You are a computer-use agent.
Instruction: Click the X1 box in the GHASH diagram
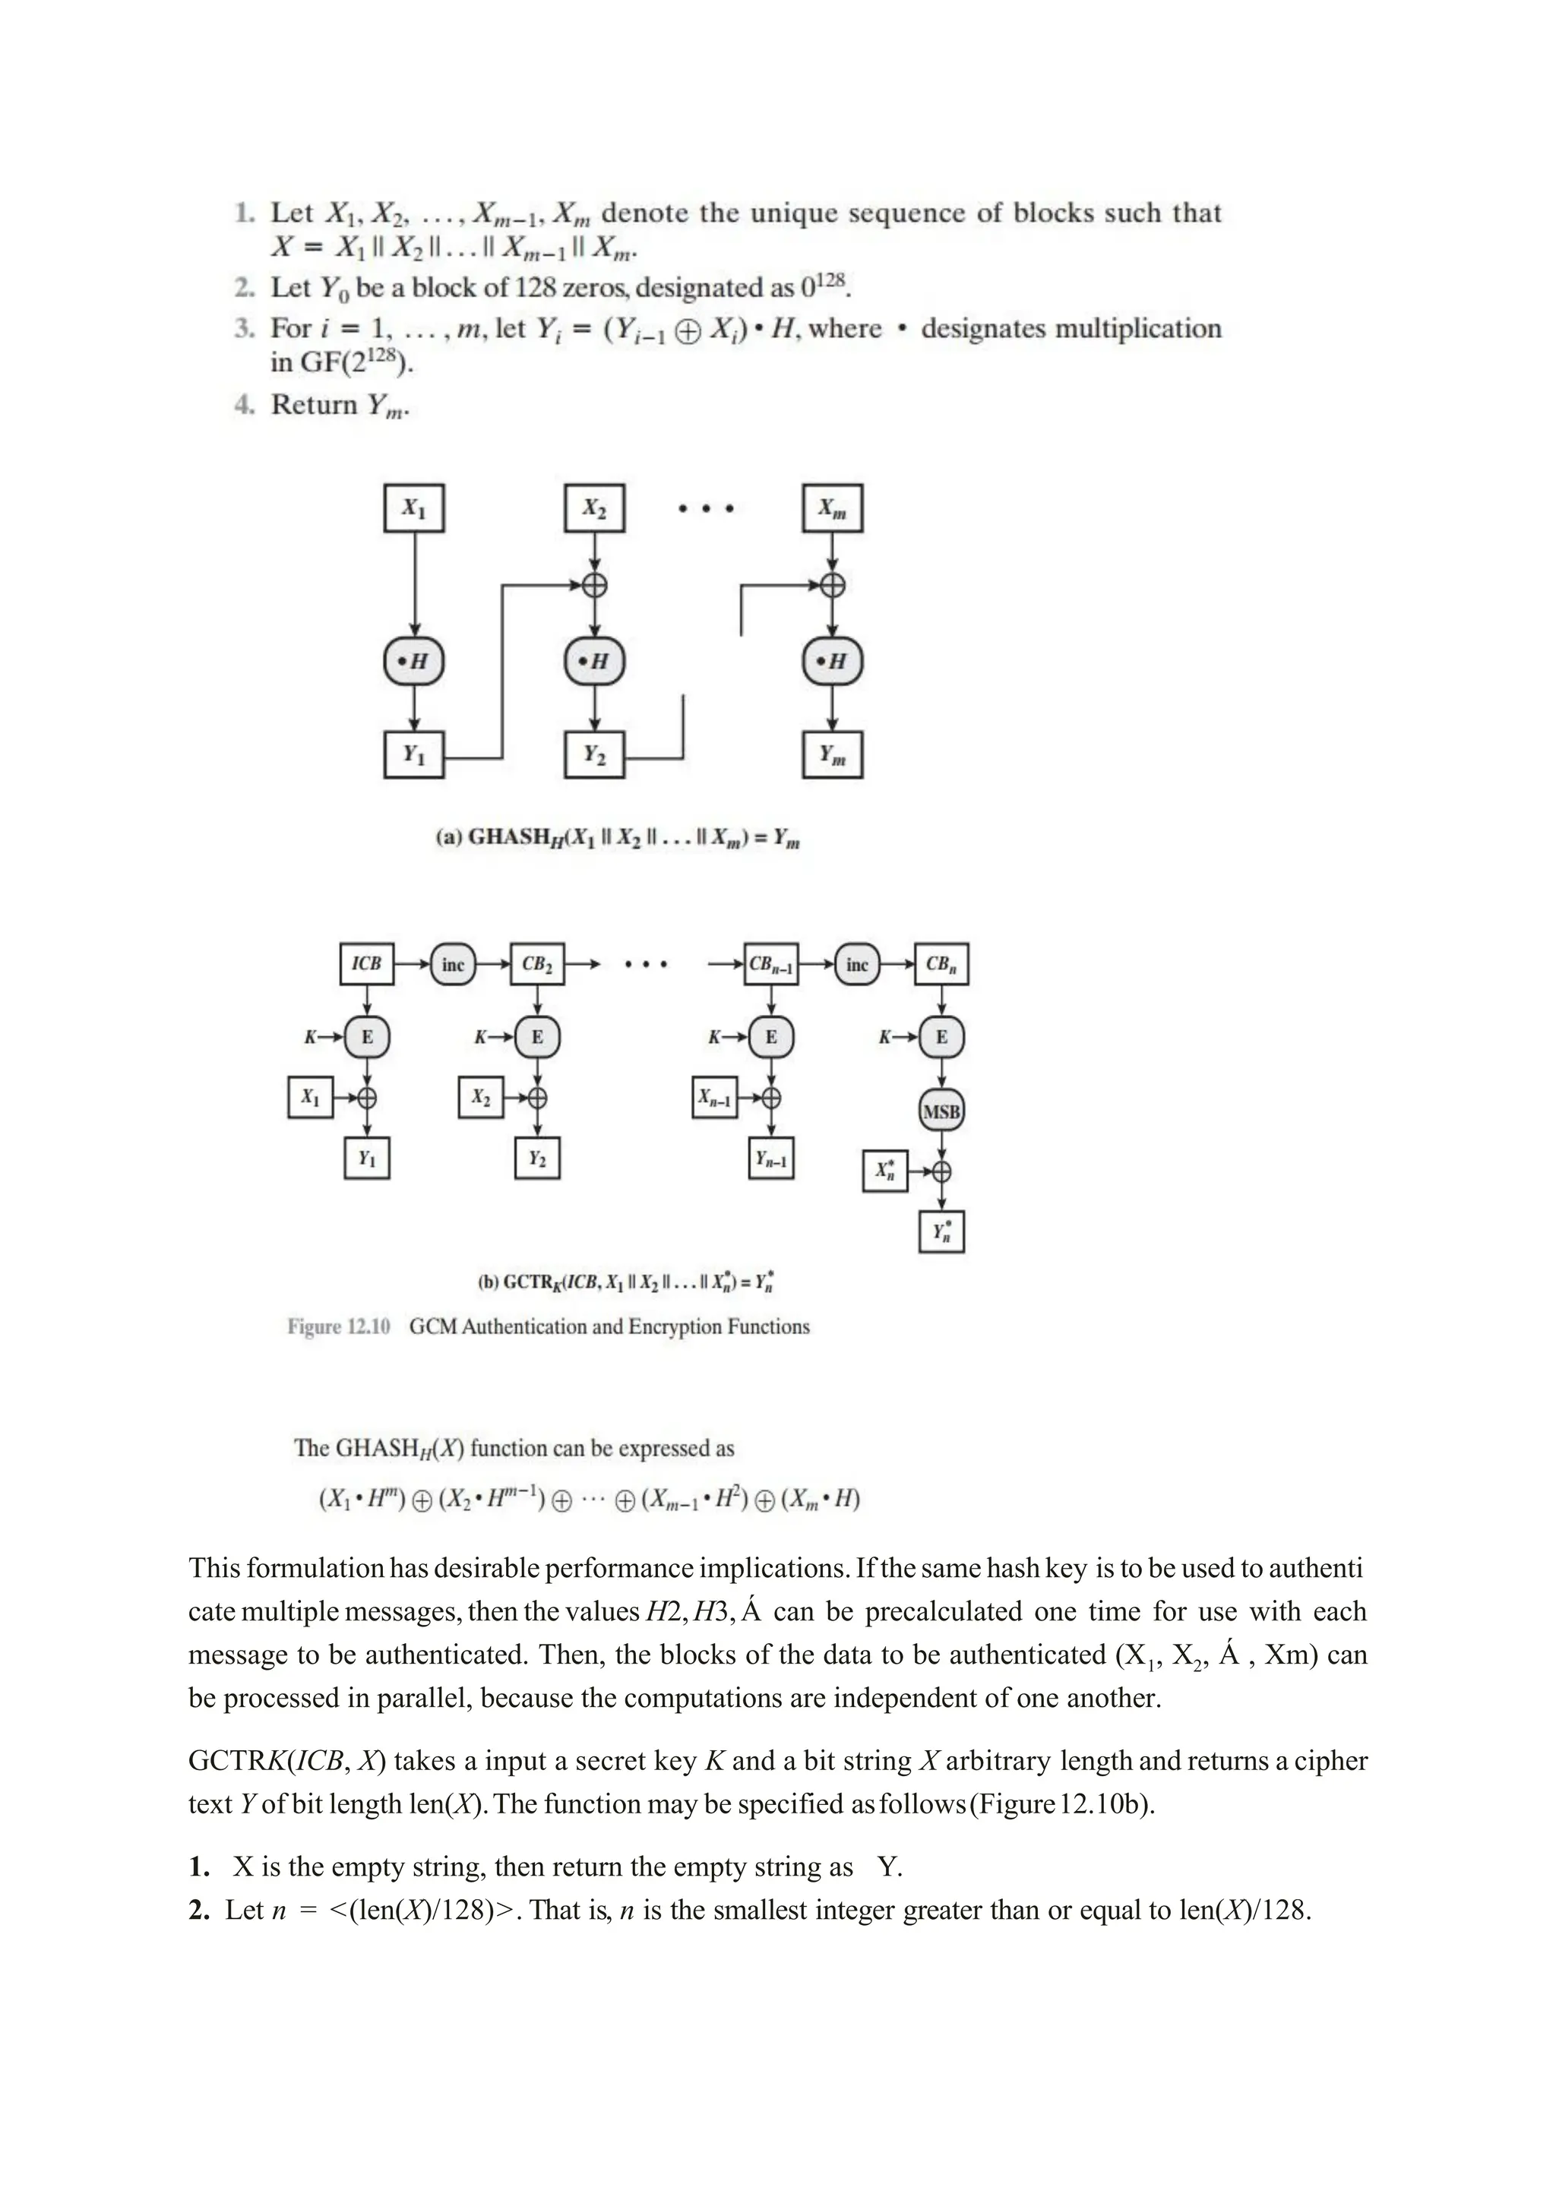tap(414, 508)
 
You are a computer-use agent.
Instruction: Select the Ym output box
tap(832, 755)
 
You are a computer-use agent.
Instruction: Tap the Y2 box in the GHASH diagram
tap(594, 755)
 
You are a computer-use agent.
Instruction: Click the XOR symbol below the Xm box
tap(833, 584)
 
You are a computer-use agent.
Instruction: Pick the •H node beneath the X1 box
tap(414, 661)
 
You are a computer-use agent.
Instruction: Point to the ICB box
tap(367, 964)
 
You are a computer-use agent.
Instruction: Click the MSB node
tap(941, 1111)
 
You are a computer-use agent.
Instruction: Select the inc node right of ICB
tap(452, 964)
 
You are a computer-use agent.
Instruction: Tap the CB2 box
tap(536, 964)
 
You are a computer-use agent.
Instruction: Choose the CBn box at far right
tap(941, 964)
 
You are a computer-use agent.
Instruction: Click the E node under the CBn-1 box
tap(771, 1037)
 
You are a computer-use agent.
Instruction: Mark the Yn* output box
tap(941, 1232)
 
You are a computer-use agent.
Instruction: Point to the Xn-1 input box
tap(715, 1098)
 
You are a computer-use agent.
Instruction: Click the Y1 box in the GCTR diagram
tap(367, 1158)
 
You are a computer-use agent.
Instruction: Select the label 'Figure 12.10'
tap(339, 1327)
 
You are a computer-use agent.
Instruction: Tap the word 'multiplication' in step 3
tap(1137, 329)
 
